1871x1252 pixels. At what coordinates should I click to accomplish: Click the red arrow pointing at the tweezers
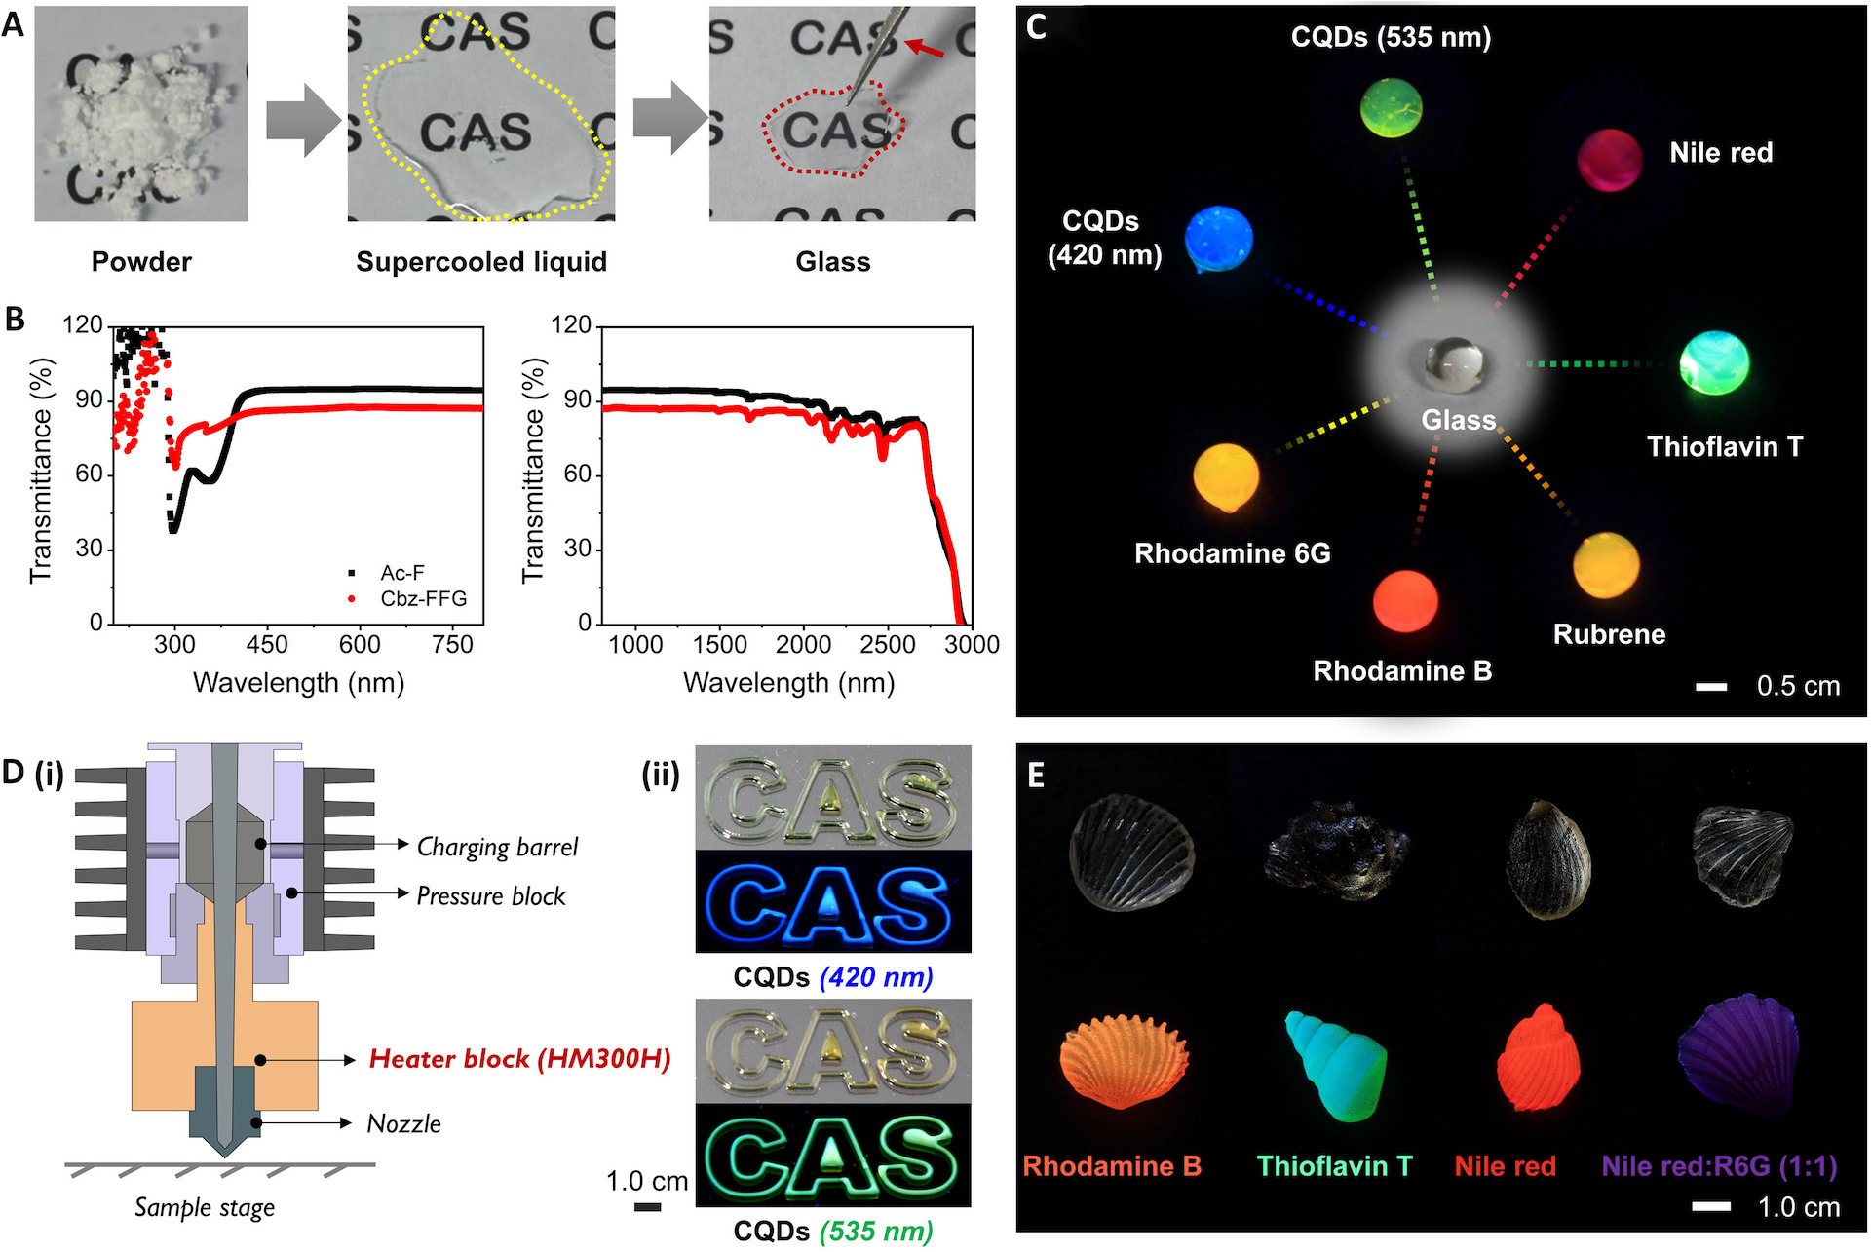[925, 48]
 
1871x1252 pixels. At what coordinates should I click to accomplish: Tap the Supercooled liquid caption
[481, 262]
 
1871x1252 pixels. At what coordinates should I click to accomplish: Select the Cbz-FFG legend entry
[408, 598]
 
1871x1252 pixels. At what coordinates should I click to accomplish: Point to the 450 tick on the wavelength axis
[267, 644]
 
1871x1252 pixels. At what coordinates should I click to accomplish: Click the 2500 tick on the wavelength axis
[888, 644]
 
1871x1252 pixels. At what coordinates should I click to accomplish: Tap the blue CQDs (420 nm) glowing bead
[1218, 239]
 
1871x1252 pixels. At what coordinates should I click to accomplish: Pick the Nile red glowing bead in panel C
[1610, 159]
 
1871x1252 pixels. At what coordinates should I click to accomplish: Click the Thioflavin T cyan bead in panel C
[1714, 362]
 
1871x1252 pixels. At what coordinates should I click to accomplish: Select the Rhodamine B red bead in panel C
[1405, 601]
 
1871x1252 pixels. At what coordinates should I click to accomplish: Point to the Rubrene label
[1609, 634]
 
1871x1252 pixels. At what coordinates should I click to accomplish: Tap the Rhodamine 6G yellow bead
[1227, 477]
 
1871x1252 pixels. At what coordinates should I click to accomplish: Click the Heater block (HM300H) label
[519, 1059]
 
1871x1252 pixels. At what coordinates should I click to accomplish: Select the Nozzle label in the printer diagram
[404, 1124]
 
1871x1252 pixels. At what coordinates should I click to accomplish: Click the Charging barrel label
[497, 848]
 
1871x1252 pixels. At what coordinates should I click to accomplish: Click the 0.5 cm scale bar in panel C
[1711, 687]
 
